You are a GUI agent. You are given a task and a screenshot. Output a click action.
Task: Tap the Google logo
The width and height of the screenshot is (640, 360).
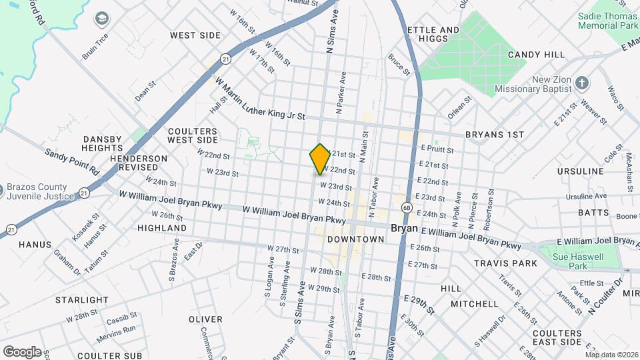(x=21, y=351)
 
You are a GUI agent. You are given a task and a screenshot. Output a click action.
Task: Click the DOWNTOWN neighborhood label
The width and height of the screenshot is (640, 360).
(x=355, y=239)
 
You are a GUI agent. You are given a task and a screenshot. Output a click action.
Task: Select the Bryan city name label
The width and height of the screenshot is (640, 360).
(x=403, y=228)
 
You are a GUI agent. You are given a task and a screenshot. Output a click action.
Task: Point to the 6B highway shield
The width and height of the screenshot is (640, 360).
(x=407, y=208)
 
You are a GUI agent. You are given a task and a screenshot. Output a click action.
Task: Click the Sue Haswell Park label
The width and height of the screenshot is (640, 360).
(x=579, y=262)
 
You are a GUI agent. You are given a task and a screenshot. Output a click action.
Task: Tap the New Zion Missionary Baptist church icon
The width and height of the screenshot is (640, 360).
(x=582, y=83)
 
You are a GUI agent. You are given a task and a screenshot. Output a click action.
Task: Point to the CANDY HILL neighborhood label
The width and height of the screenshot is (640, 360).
(x=536, y=55)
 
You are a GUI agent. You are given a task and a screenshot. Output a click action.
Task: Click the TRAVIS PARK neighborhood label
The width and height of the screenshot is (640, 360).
(x=505, y=263)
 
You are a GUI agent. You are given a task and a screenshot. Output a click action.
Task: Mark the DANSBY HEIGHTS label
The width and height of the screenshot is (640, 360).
(x=102, y=144)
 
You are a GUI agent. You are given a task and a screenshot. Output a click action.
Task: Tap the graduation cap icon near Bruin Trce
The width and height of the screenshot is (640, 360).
(x=102, y=18)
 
